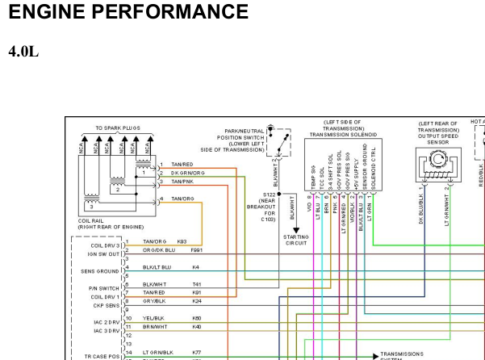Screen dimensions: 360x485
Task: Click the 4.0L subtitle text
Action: tap(23, 52)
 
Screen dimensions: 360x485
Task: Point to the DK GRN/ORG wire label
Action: tap(187, 173)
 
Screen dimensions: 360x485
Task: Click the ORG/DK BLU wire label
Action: tap(160, 250)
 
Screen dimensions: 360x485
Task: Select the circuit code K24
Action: tap(196, 301)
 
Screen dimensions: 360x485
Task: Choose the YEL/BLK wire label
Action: tap(155, 318)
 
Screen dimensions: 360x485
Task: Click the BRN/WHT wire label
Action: tap(156, 327)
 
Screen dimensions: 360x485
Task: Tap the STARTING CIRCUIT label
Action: tap(295, 240)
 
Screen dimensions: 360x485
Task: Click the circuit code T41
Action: tap(196, 284)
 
